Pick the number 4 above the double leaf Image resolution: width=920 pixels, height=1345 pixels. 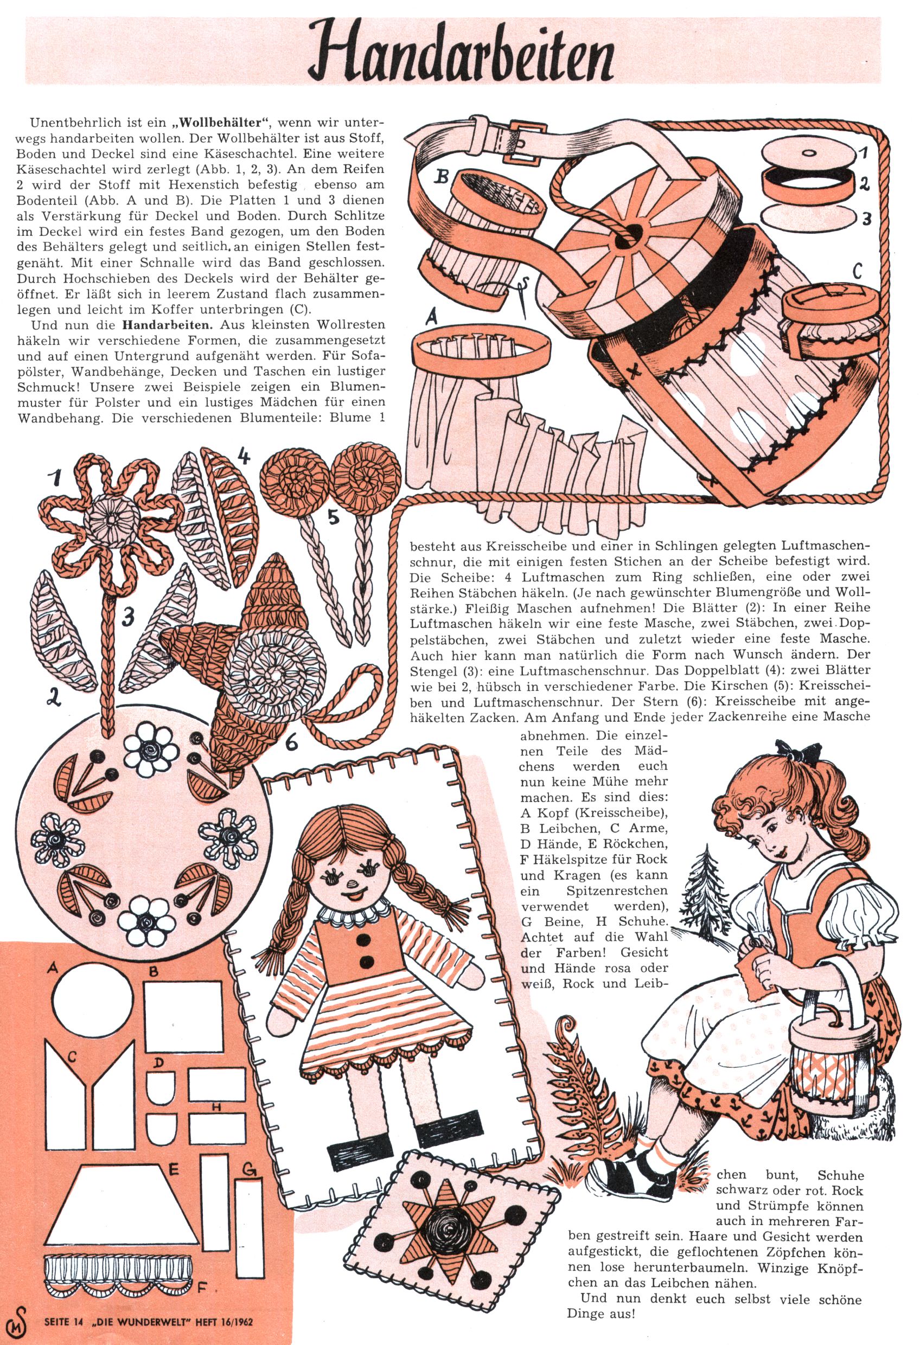pyautogui.click(x=244, y=457)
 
